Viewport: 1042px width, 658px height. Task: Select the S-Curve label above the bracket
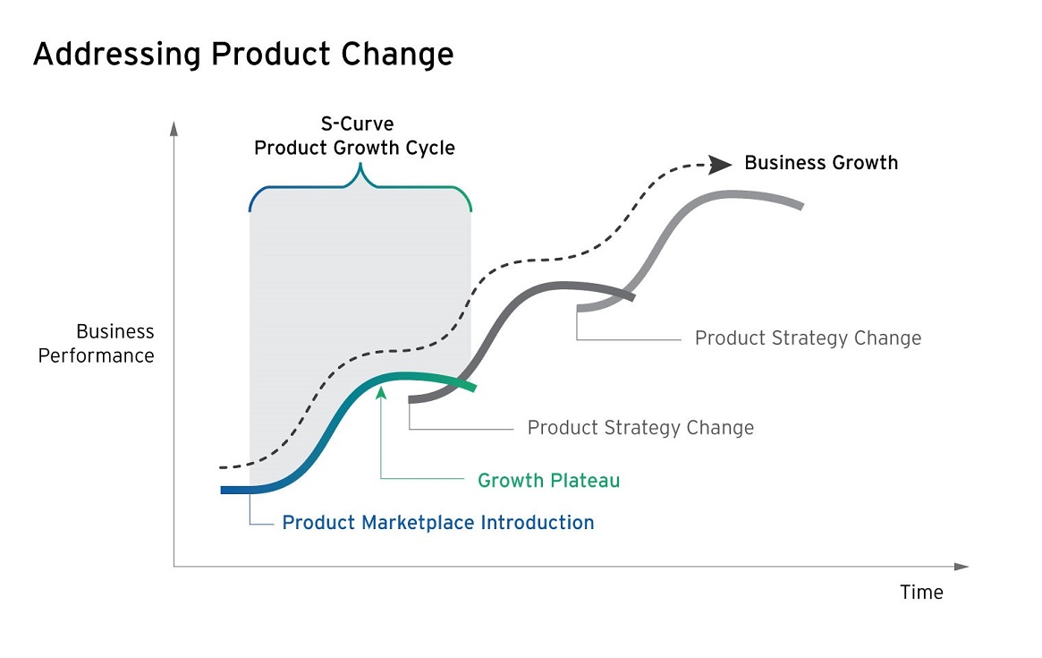tap(357, 124)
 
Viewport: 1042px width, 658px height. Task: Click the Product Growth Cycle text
tap(354, 148)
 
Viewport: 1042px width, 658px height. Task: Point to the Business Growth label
tap(821, 163)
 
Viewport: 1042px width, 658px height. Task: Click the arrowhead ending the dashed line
tap(720, 165)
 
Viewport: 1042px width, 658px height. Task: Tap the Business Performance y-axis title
tap(97, 343)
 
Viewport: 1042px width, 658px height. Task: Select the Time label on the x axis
tap(921, 592)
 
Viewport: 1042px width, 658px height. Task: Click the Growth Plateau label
tap(548, 481)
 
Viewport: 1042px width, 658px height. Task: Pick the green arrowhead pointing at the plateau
tap(381, 392)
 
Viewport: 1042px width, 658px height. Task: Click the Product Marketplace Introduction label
tap(438, 523)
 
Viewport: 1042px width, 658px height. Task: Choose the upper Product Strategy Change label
tap(808, 338)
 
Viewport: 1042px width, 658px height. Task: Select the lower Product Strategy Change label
tap(640, 428)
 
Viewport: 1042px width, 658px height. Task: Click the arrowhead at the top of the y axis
tap(174, 128)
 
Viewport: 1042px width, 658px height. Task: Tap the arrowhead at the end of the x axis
tap(962, 567)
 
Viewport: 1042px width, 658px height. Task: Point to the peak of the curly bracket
tap(360, 166)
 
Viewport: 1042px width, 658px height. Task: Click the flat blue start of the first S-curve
tap(238, 491)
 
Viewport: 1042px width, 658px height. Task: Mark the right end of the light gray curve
tap(802, 206)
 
